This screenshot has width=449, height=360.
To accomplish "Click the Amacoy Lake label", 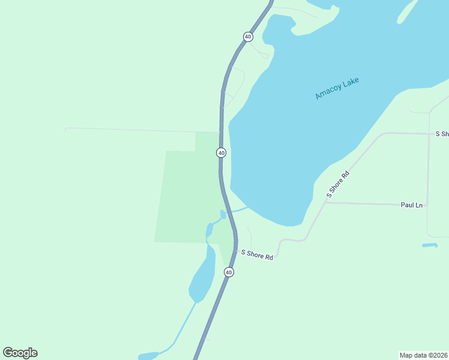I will (337, 88).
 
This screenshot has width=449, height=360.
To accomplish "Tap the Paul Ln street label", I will (411, 205).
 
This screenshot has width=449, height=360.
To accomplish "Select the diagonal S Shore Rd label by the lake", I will (337, 184).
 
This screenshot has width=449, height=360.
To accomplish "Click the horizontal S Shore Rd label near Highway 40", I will (257, 255).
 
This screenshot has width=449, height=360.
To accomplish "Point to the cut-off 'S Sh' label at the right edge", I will (442, 134).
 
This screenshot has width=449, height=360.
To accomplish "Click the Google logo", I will (20, 353).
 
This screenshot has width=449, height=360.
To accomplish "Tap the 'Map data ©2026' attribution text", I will (423, 355).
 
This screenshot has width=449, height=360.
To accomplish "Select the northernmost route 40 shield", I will (248, 37).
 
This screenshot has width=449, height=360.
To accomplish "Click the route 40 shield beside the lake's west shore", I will (221, 153).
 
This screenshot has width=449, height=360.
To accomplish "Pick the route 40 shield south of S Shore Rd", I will (229, 272).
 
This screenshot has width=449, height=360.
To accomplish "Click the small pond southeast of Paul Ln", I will (429, 245).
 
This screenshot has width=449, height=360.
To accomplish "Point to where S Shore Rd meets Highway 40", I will (236, 251).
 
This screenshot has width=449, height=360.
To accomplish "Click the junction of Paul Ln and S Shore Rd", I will (325, 202).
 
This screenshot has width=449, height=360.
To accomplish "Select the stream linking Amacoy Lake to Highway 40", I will (238, 210).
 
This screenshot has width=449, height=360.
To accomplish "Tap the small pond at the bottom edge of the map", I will (148, 356).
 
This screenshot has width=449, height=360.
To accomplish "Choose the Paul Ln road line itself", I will (366, 203).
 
